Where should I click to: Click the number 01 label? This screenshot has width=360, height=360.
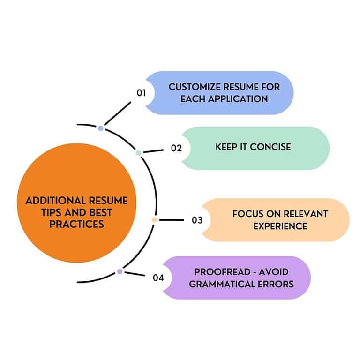pyautogui.click(x=142, y=93)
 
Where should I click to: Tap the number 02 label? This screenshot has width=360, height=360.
pyautogui.click(x=176, y=148)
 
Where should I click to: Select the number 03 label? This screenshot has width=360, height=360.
pyautogui.click(x=197, y=220)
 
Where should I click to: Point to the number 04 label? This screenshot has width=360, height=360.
pyautogui.click(x=158, y=277)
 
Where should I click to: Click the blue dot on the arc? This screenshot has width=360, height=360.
pyautogui.click(x=101, y=127)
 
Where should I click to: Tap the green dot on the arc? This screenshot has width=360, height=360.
pyautogui.click(x=138, y=153)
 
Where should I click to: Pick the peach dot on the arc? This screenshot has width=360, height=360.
pyautogui.click(x=154, y=220)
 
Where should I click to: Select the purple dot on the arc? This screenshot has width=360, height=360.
pyautogui.click(x=120, y=271)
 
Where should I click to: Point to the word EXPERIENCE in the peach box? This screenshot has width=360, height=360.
pyautogui.click(x=280, y=226)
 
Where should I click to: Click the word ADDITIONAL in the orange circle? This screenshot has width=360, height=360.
pyautogui.click(x=50, y=201)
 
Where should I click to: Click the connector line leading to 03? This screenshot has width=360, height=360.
pyautogui.click(x=172, y=220)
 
